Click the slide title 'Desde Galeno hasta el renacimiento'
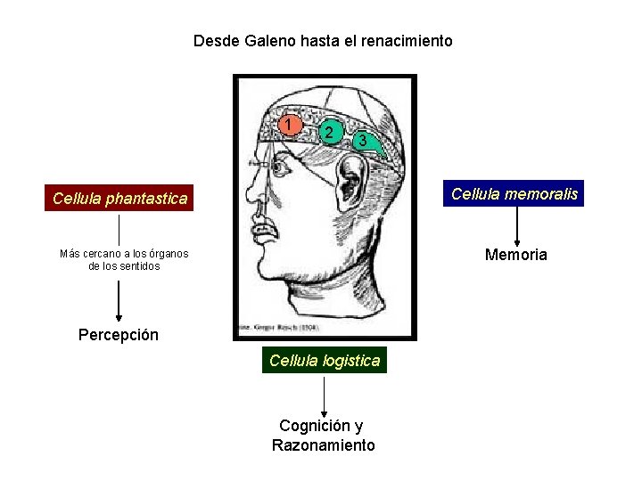click(x=323, y=41)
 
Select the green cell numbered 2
click(x=330, y=133)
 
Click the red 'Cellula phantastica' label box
click(x=119, y=198)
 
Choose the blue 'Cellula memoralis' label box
click(x=514, y=193)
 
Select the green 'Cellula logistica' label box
click(x=325, y=360)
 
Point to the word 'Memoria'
click(x=515, y=255)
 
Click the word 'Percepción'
click(x=119, y=335)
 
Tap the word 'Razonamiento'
click(x=324, y=445)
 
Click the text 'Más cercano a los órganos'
click(x=124, y=254)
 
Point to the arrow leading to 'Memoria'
click(x=517, y=224)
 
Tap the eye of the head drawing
click(x=281, y=166)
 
